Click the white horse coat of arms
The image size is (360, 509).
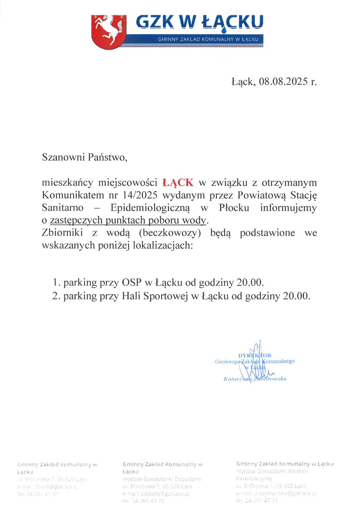108,31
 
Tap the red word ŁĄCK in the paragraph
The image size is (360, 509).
178,183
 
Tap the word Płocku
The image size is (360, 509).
234,207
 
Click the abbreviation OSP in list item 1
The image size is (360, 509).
132,283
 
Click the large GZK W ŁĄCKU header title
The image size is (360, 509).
200,22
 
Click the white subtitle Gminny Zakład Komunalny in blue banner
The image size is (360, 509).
208,39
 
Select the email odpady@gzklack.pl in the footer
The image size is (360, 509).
156,494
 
